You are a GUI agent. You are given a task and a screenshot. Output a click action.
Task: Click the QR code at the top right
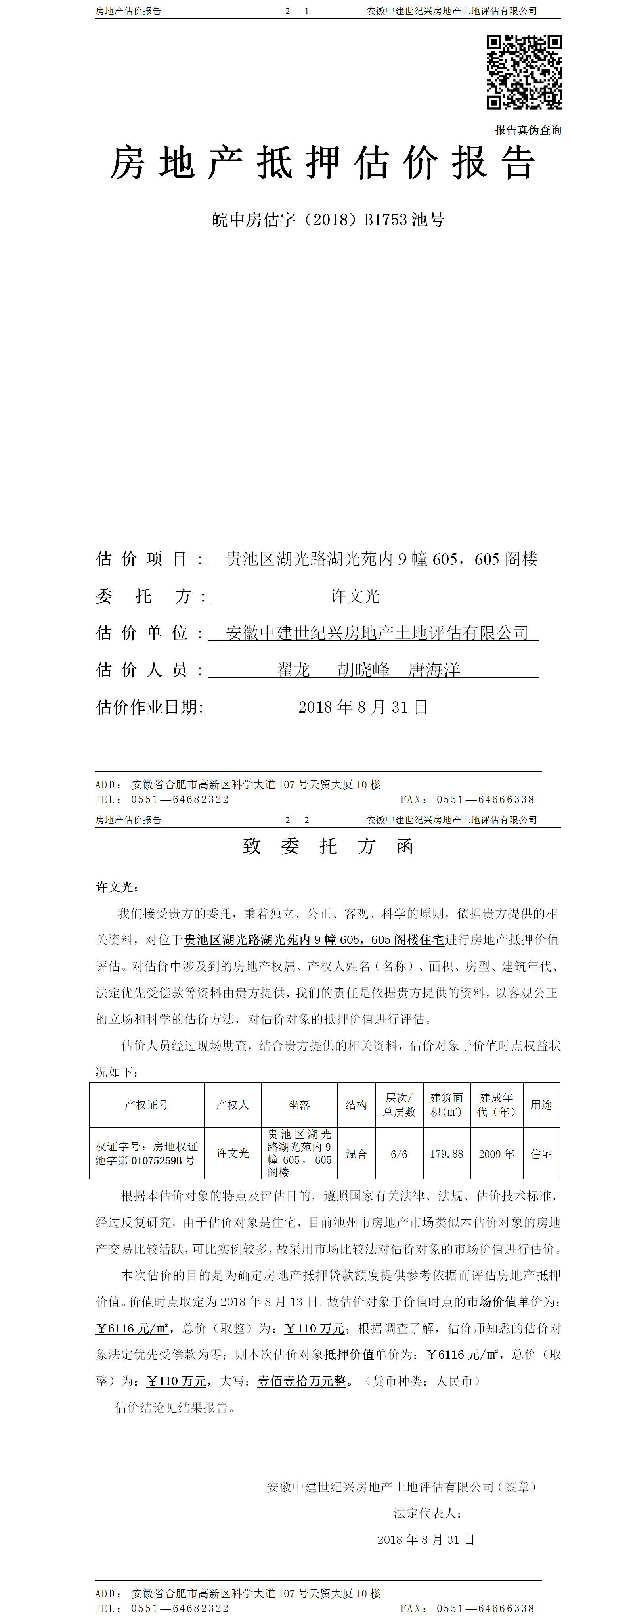pos(524,72)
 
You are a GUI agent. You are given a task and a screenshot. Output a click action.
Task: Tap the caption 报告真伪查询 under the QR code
pos(528,130)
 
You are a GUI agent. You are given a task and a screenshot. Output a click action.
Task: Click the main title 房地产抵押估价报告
pos(323,163)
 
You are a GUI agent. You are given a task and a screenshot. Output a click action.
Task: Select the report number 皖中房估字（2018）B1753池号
pos(328,220)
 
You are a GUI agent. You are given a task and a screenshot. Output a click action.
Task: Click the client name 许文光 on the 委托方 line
pos(355,596)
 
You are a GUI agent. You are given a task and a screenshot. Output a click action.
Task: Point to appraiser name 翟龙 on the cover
pos(294,670)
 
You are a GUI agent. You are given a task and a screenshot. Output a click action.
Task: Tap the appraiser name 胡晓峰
pos(363,670)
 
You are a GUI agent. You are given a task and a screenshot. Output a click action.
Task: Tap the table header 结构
pos(356,1105)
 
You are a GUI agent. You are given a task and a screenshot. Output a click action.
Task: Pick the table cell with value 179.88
pos(446,1154)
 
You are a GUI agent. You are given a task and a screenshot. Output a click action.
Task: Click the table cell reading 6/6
pos(399,1154)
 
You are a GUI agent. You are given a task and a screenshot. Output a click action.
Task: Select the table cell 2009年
pos(497,1154)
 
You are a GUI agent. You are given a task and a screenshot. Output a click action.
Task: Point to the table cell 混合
pos(356,1154)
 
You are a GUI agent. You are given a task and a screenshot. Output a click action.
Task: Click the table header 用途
pos(541,1105)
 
